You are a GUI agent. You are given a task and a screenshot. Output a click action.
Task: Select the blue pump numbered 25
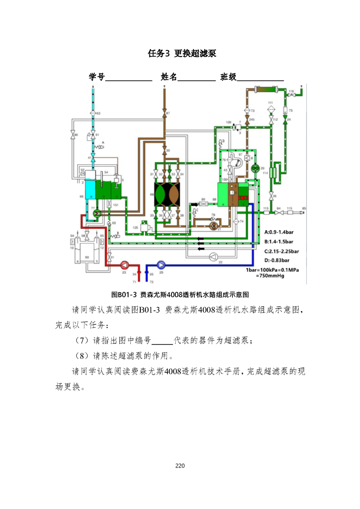click(x=161, y=265)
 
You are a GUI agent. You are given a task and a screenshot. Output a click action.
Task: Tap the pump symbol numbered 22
click(x=214, y=256)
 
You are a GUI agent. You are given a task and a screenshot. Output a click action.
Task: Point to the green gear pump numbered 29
click(x=255, y=168)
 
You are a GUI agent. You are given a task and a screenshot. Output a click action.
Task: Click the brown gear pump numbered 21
click(x=213, y=224)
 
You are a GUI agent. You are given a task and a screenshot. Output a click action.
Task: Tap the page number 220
click(x=180, y=466)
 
